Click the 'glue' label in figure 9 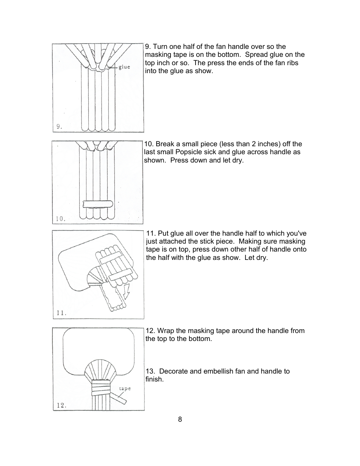point(124,67)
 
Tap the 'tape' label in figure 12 point(125,388)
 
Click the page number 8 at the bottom point(180,419)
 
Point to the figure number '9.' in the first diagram point(59,127)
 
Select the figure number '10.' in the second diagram point(60,219)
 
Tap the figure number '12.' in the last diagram point(61,405)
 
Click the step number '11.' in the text point(151,233)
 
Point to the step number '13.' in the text point(150,371)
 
